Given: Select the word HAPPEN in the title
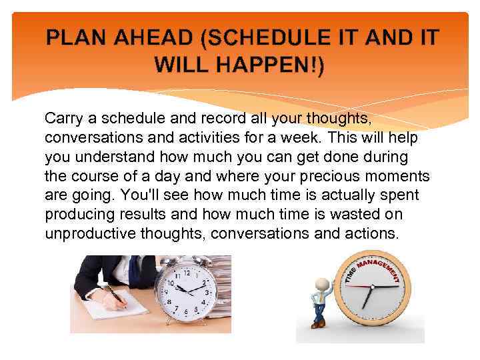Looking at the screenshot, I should [x=269, y=67].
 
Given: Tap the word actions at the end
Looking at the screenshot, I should [x=373, y=234].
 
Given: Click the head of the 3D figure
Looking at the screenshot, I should [x=323, y=286].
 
